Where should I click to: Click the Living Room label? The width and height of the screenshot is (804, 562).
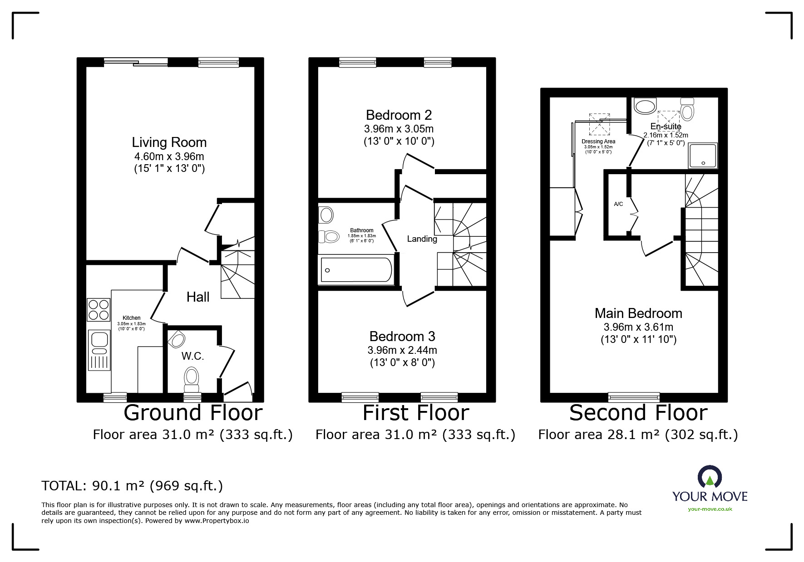169,142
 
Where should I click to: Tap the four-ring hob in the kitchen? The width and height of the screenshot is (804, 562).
99,310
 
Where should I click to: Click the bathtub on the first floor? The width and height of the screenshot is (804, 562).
356,270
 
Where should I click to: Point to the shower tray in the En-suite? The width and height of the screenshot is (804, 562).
703,156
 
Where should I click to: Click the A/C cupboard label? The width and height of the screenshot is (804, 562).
618,204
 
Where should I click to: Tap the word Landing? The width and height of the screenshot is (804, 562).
422,239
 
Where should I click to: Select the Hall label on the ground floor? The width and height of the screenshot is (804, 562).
198,297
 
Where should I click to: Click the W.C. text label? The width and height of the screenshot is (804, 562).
193,356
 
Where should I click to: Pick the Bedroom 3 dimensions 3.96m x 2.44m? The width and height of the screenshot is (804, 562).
402,350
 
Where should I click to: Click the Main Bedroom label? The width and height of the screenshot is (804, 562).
638,313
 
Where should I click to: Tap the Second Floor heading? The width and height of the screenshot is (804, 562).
638,413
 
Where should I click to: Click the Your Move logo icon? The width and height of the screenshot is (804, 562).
710,476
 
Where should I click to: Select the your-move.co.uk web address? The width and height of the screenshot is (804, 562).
710,509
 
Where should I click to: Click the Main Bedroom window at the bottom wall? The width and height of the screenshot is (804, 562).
634,397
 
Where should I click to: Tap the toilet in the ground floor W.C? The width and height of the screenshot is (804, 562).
192,379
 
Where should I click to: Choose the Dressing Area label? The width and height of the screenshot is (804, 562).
598,142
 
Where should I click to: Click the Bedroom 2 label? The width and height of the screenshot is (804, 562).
399,115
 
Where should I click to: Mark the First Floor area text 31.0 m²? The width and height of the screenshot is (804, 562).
415,435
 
